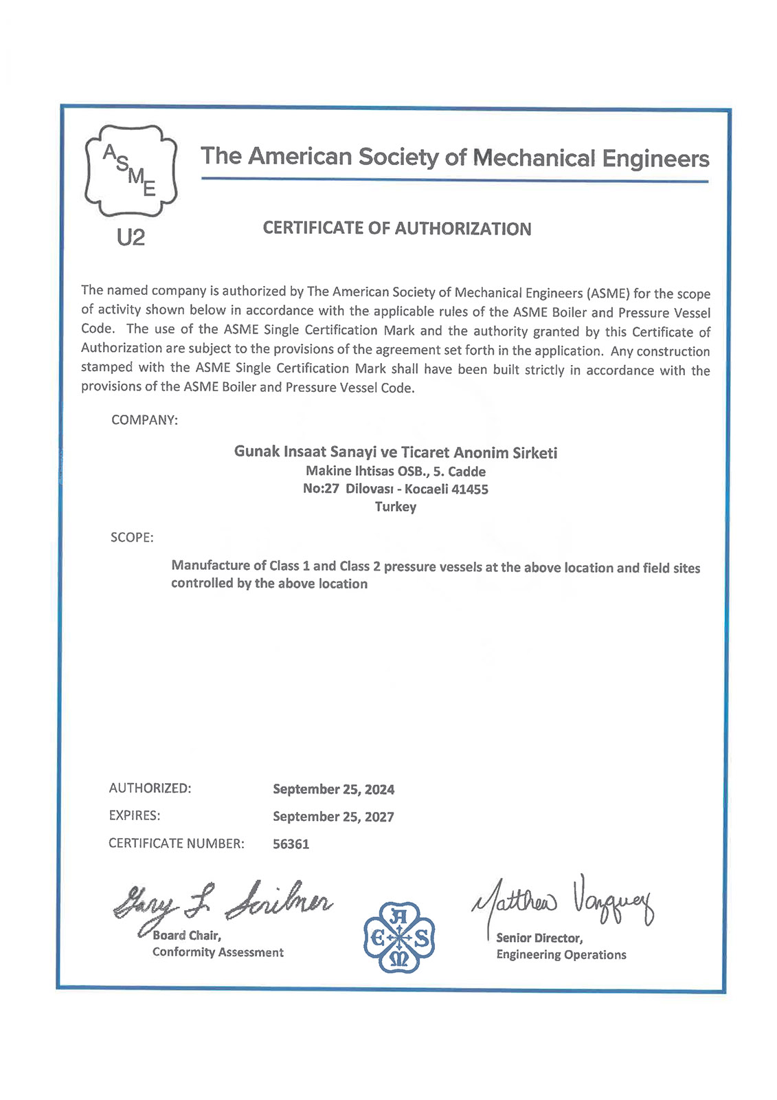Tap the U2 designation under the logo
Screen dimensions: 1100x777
click(131, 238)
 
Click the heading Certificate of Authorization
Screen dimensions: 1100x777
click(397, 228)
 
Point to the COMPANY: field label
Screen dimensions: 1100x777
click(144, 420)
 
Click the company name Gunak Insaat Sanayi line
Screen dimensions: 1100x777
click(396, 452)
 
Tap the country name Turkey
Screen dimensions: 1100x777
click(396, 507)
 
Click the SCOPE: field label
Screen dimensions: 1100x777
click(132, 537)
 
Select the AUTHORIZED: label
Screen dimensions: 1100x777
click(150, 788)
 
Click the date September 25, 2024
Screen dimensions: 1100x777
click(333, 789)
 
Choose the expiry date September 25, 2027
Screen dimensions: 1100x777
click(333, 817)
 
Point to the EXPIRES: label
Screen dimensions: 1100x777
click(135, 815)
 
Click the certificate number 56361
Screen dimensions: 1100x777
click(291, 844)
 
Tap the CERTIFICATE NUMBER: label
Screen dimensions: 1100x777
click(177, 843)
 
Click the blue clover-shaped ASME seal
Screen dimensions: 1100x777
click(399, 937)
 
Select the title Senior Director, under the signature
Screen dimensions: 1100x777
click(539, 938)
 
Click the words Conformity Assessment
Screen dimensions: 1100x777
click(218, 952)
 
